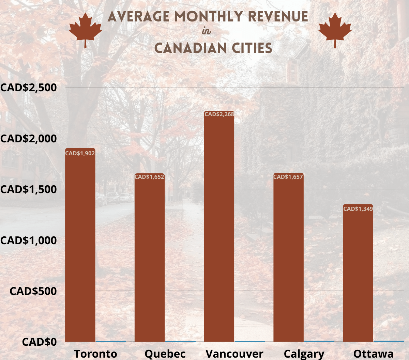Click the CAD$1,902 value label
tap(80, 154)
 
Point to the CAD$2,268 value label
tap(219, 114)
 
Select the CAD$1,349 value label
tap(358, 209)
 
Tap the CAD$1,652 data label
tap(149, 177)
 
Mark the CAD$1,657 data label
tap(288, 177)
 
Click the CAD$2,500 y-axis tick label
tap(29, 88)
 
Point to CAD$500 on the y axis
tap(33, 291)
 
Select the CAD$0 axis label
tap(39, 342)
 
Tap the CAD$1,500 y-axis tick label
tap(29, 189)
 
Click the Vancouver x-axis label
tap(234, 354)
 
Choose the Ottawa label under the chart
tap(373, 354)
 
